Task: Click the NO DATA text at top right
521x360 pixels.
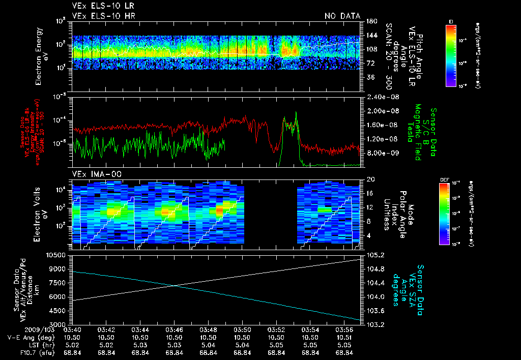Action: click(342, 16)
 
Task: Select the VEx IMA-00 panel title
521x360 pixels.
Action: click(95, 174)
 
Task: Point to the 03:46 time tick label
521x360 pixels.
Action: click(175, 330)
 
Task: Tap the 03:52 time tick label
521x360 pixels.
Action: click(276, 330)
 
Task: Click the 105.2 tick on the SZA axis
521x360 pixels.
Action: click(375, 255)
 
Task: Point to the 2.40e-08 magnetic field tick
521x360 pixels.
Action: click(381, 97)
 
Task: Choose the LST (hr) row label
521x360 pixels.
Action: click(38, 345)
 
